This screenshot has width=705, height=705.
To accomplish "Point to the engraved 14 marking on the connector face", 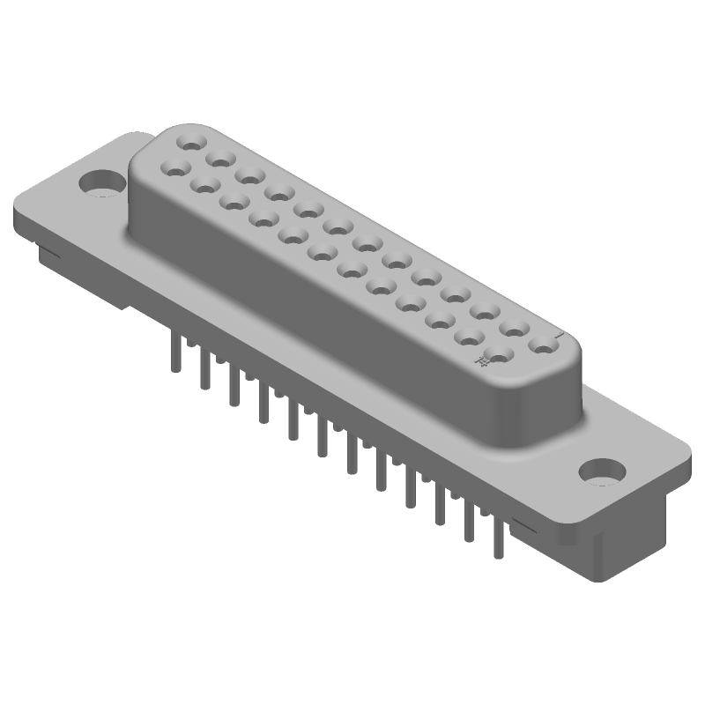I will (x=481, y=360).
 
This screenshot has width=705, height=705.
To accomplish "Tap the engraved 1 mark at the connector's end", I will (x=559, y=336).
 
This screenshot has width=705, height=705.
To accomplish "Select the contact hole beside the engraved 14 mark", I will (x=500, y=356).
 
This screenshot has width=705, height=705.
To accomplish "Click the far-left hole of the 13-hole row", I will (x=190, y=140).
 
